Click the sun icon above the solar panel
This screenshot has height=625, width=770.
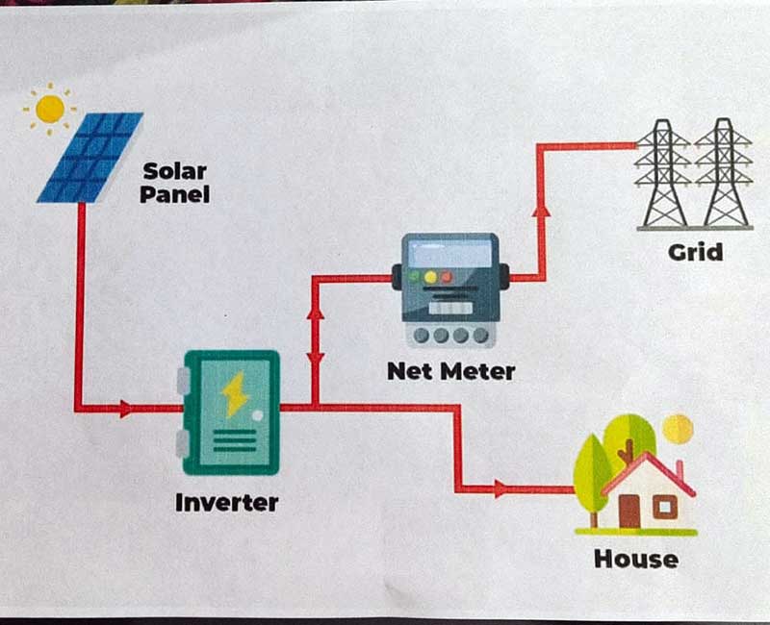(x=49, y=107)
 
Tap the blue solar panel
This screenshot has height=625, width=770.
(x=90, y=157)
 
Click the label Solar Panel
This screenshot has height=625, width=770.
(x=174, y=183)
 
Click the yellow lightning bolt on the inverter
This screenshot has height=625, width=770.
(x=234, y=394)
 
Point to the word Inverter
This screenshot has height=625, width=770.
(x=227, y=502)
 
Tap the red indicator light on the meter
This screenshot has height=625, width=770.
(x=447, y=277)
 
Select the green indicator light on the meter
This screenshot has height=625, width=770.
(x=416, y=277)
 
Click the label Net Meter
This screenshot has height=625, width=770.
(x=450, y=370)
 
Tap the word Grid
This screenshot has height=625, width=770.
(x=695, y=253)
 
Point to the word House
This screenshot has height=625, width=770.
(x=635, y=559)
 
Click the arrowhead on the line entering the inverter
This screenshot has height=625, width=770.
(x=126, y=409)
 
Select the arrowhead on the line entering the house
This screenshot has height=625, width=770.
(x=499, y=489)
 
